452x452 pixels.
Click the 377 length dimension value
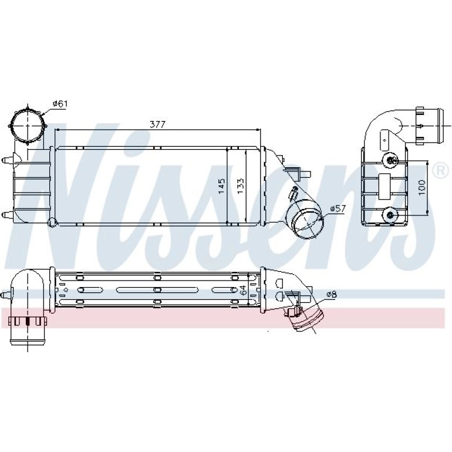point(158,124)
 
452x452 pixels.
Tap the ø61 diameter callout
point(60,103)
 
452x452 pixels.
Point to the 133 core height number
point(240,186)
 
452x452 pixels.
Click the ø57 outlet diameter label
point(338,208)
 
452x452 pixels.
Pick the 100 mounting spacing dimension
point(421,187)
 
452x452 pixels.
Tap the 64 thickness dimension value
point(243,290)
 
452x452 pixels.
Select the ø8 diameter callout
point(332,294)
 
